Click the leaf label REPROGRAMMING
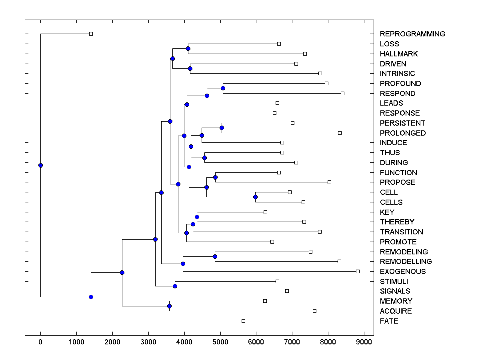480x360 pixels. [x=412, y=34]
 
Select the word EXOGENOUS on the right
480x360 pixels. [x=402, y=271]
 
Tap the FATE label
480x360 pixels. [x=389, y=321]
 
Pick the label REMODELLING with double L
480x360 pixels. [x=406, y=261]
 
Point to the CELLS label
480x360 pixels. [x=391, y=202]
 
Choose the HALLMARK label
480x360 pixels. [x=398, y=54]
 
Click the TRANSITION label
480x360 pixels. [x=401, y=232]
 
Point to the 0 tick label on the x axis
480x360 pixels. [x=40, y=342]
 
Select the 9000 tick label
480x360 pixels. [x=364, y=342]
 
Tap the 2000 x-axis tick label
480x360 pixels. [x=112, y=342]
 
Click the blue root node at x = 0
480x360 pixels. [x=40, y=165]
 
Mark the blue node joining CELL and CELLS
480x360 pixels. [x=255, y=197]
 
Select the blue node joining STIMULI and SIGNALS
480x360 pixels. [x=175, y=286]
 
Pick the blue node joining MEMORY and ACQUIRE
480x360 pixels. [x=169, y=306]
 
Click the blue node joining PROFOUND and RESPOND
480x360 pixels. [x=223, y=88]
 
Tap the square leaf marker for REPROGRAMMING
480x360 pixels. [x=91, y=34]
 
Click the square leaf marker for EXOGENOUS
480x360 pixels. [x=358, y=271]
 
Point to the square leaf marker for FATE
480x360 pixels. [x=243, y=321]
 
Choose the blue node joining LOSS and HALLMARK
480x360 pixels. [x=188, y=48]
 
